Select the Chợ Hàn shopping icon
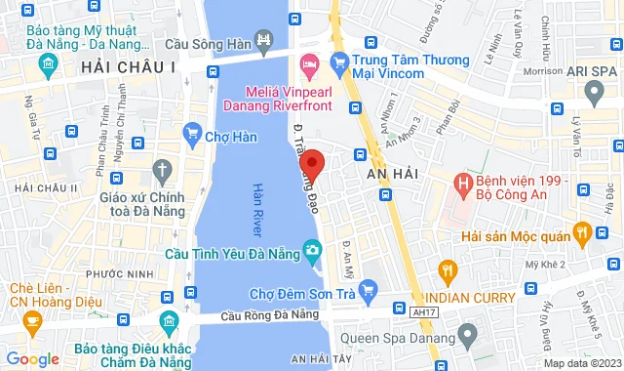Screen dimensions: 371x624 click(x=192, y=136)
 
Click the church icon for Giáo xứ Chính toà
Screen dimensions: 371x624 click(x=163, y=171)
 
